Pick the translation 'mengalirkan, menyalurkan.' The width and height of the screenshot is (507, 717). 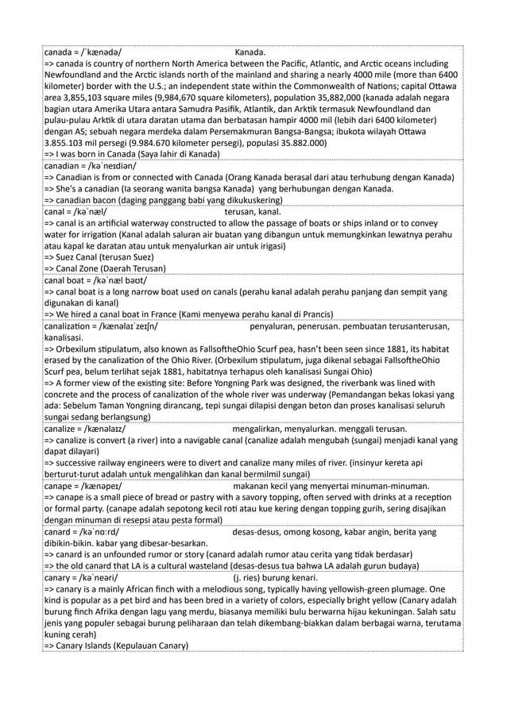pyautogui.click(x=291, y=429)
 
